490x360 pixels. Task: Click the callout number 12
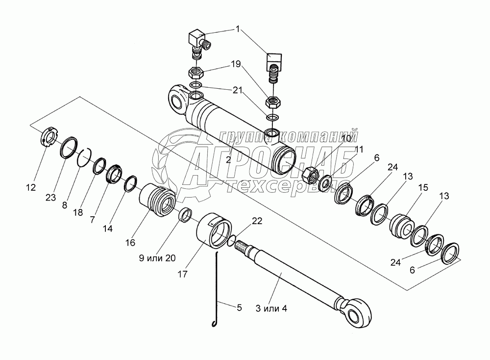tap(31, 188)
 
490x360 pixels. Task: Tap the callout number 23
tap(50, 198)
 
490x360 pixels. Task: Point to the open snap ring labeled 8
tap(84, 156)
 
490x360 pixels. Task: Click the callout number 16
tap(130, 242)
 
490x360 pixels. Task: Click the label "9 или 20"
tap(157, 258)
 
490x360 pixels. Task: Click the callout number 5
tap(239, 308)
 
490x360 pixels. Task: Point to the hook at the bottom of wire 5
tap(214, 323)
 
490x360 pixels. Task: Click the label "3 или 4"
tap(271, 309)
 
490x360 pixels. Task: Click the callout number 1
tap(238, 29)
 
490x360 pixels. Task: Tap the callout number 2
tap(228, 160)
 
